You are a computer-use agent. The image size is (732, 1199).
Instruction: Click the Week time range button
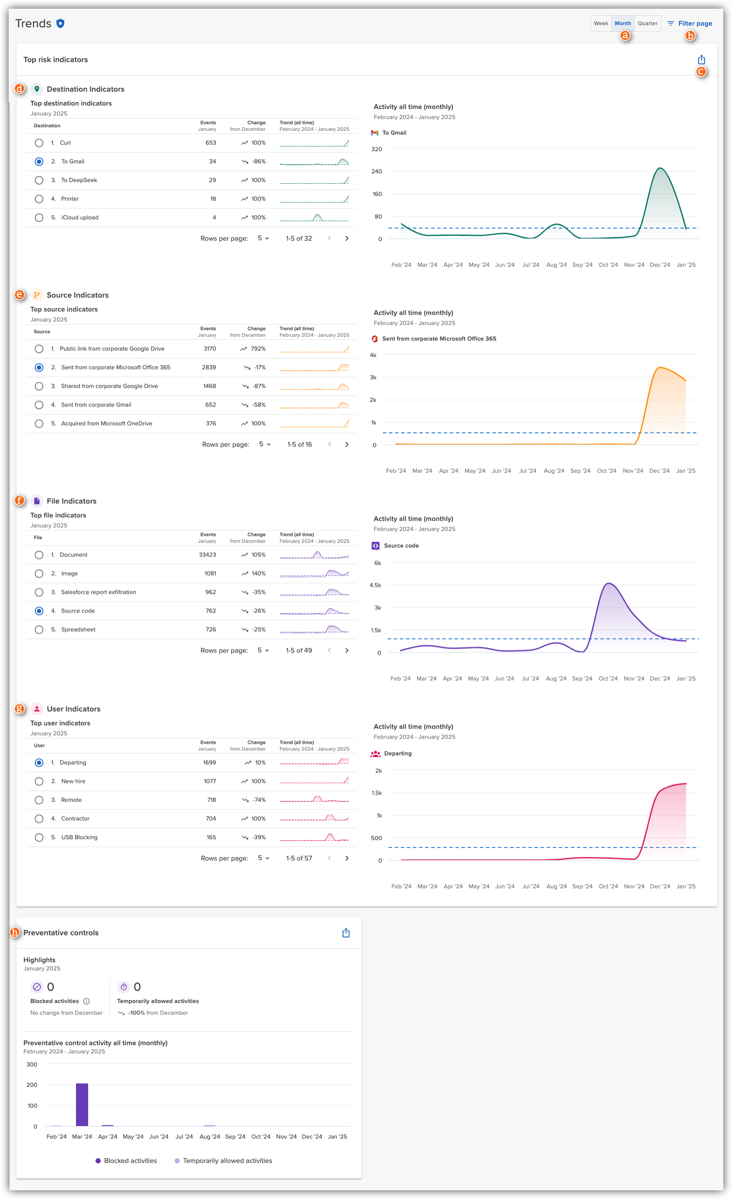pos(601,23)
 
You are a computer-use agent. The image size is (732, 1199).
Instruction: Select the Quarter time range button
pos(647,23)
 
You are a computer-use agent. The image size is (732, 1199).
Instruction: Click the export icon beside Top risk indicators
pos(701,60)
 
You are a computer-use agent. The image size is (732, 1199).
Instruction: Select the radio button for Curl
pos(39,143)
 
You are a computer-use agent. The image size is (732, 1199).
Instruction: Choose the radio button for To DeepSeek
pos(39,181)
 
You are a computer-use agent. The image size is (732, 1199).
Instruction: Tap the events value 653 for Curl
pos(211,143)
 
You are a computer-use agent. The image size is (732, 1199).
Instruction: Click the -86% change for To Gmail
pos(258,162)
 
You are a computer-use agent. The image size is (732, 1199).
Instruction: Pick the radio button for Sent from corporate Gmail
pos(39,405)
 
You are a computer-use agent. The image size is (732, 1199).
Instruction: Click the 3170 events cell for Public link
pos(210,349)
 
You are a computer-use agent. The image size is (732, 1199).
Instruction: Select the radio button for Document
pos(39,555)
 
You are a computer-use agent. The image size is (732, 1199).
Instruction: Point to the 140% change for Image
pos(258,574)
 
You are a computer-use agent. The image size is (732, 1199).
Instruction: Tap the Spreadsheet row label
pos(78,629)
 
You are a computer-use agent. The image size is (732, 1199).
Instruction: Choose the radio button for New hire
pos(39,782)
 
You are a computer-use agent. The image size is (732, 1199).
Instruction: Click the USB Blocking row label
pos(79,838)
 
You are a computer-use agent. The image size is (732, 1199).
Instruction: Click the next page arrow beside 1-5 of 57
pos(347,858)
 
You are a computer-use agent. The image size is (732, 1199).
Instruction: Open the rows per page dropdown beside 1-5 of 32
pos(263,238)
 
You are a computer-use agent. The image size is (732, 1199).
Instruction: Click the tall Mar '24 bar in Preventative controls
pos(82,1105)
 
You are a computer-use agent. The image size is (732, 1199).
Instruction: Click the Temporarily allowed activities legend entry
pos(223,1161)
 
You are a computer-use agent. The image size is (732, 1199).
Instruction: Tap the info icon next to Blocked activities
pos(86,1001)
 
